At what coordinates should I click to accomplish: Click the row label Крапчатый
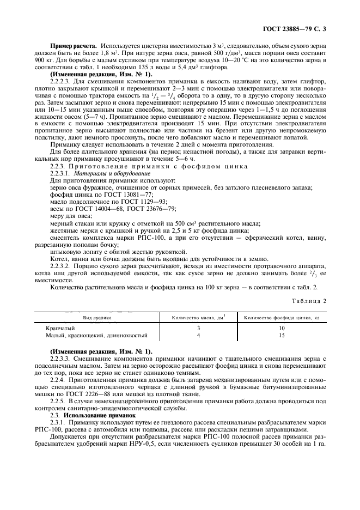pyautogui.click(x=60, y=329)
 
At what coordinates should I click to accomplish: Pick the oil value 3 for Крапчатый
pyautogui.click(x=198, y=329)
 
